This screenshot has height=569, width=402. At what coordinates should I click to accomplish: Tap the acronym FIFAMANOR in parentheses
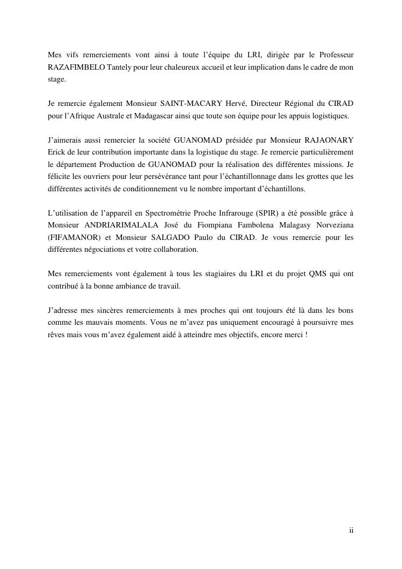(71, 237)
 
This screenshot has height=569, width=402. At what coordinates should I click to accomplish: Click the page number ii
(351, 531)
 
